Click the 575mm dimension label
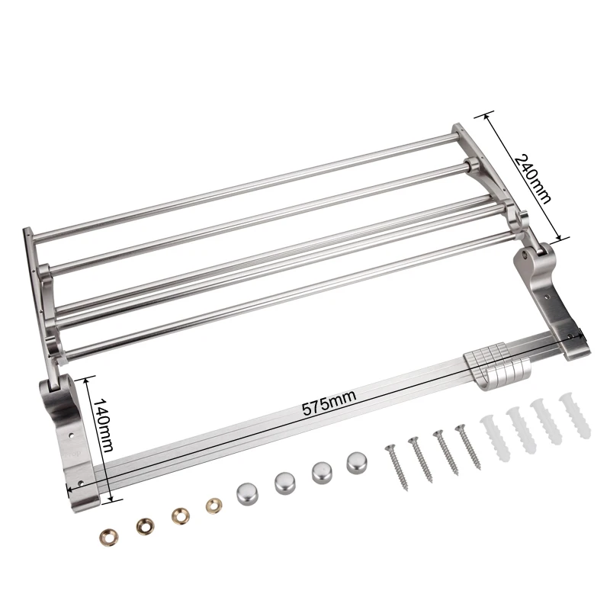point(329,403)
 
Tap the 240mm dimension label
point(532,178)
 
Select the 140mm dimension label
point(103,425)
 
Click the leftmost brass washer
point(109,537)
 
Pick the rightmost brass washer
point(214,506)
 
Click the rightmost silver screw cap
point(358,462)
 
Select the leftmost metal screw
point(396,467)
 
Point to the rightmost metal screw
point(468,446)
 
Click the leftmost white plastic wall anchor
point(495,438)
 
